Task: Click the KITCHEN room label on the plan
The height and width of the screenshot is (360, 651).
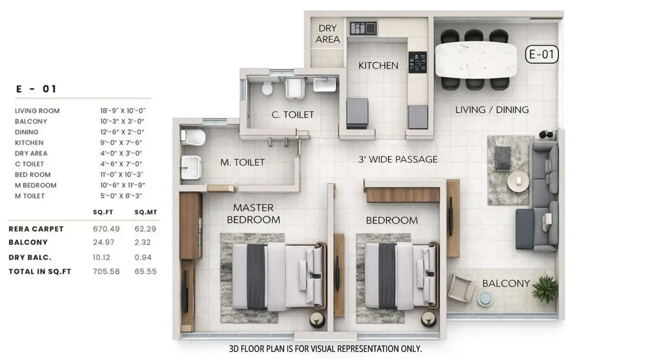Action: (x=378, y=65)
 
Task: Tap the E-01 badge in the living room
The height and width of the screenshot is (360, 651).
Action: (x=541, y=54)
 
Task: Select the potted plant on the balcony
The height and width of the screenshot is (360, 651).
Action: (x=545, y=289)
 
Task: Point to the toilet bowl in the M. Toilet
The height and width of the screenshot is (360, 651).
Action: (x=193, y=137)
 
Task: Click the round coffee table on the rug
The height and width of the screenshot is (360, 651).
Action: (x=518, y=181)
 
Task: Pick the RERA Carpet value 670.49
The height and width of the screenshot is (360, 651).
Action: (x=106, y=229)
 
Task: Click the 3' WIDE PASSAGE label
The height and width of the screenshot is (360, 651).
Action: (x=398, y=159)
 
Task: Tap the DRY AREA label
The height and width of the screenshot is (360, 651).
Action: (x=327, y=34)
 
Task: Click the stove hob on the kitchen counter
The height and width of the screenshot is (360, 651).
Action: (x=417, y=62)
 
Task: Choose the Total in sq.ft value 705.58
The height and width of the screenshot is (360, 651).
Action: (x=106, y=271)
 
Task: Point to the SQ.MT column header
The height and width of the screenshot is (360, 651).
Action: (x=146, y=212)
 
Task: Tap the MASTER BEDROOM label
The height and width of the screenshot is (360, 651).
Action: (x=253, y=213)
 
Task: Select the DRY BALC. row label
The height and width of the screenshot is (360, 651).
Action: (x=30, y=257)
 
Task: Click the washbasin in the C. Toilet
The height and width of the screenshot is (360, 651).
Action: (x=324, y=85)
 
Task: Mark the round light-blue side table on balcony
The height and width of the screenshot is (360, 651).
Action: (x=485, y=298)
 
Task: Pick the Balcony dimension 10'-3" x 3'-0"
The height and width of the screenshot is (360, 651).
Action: (x=122, y=121)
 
